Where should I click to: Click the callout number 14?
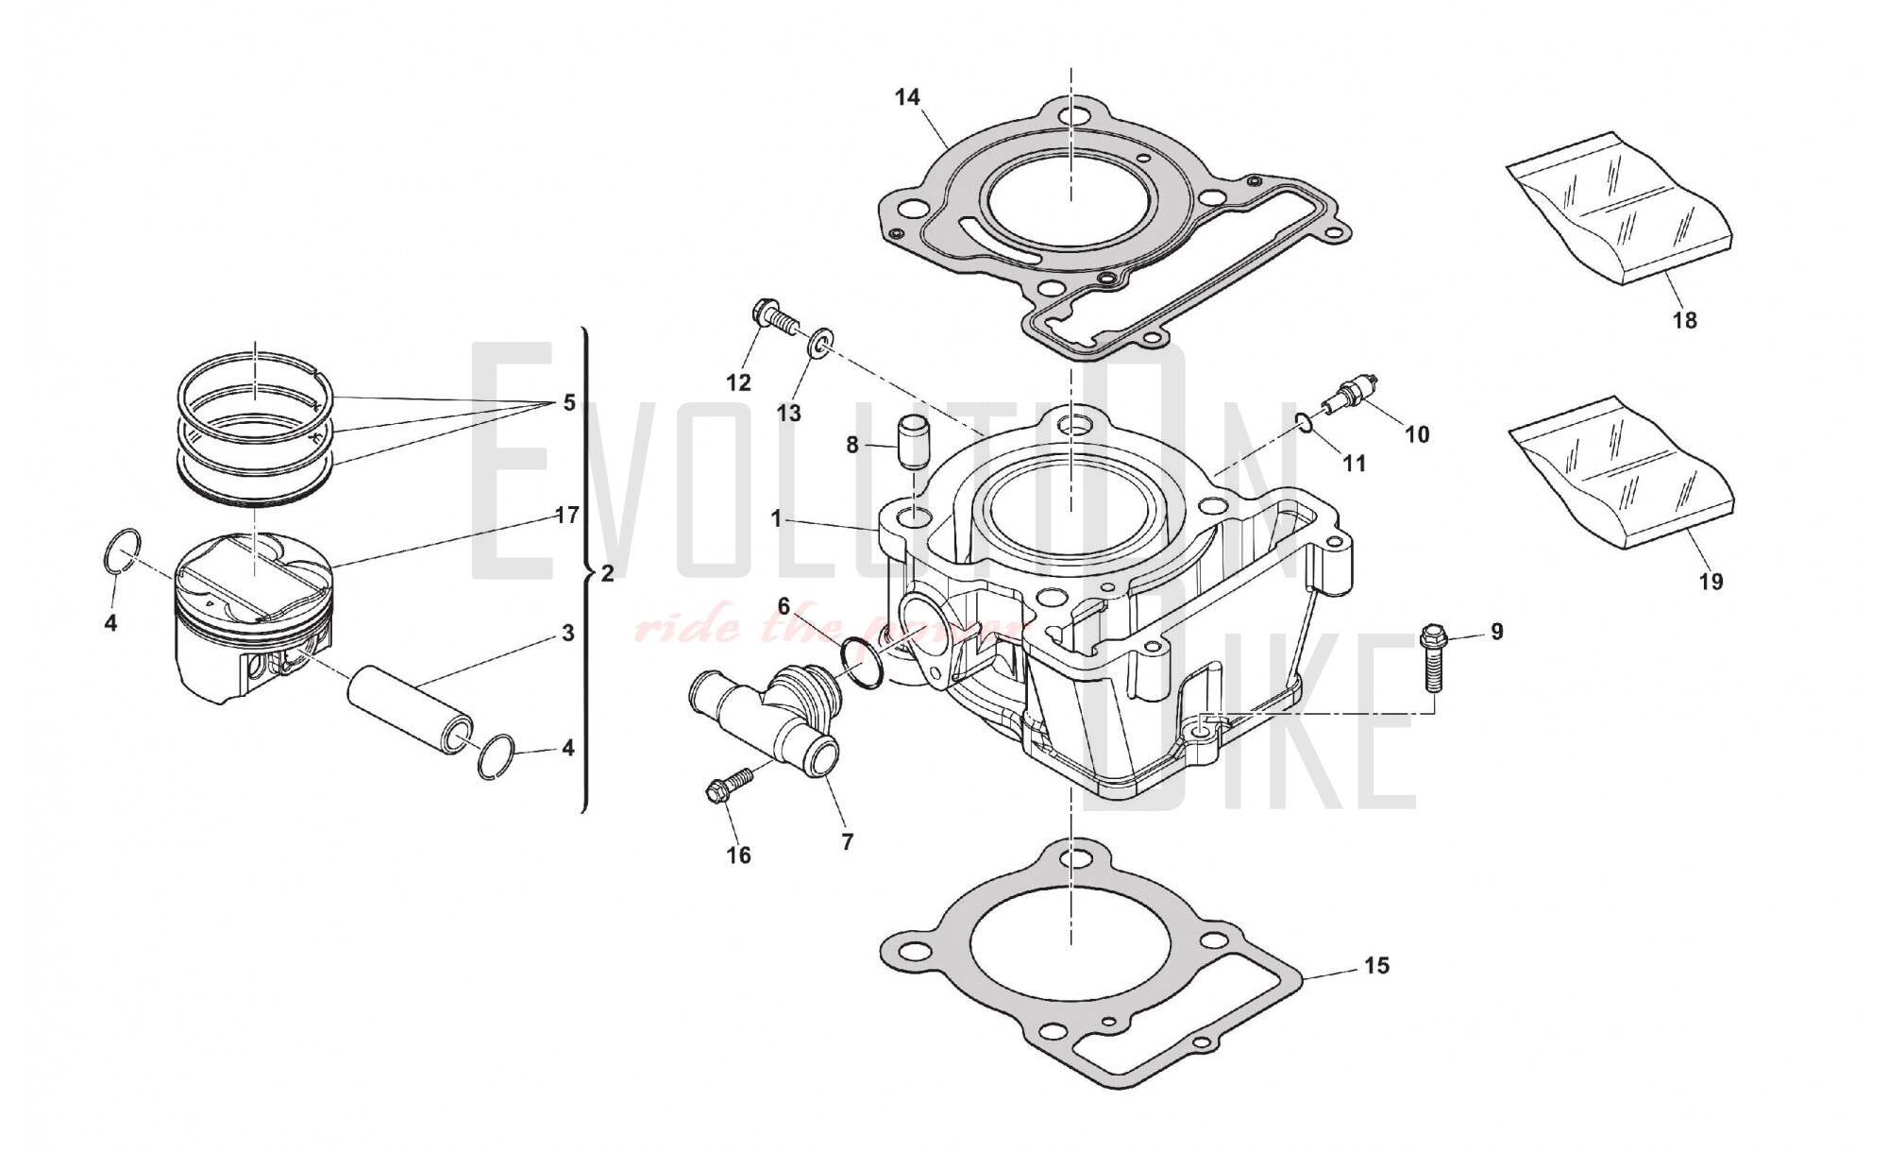[x=907, y=97]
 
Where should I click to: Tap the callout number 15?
[x=1376, y=965]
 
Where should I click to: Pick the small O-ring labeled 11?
[x=1305, y=422]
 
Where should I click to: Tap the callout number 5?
[x=568, y=403]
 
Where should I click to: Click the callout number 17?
[x=566, y=516]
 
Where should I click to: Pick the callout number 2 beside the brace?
[x=607, y=573]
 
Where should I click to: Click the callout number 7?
[x=847, y=841]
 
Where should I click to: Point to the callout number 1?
[x=776, y=518]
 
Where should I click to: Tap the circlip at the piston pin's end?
[x=497, y=755]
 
